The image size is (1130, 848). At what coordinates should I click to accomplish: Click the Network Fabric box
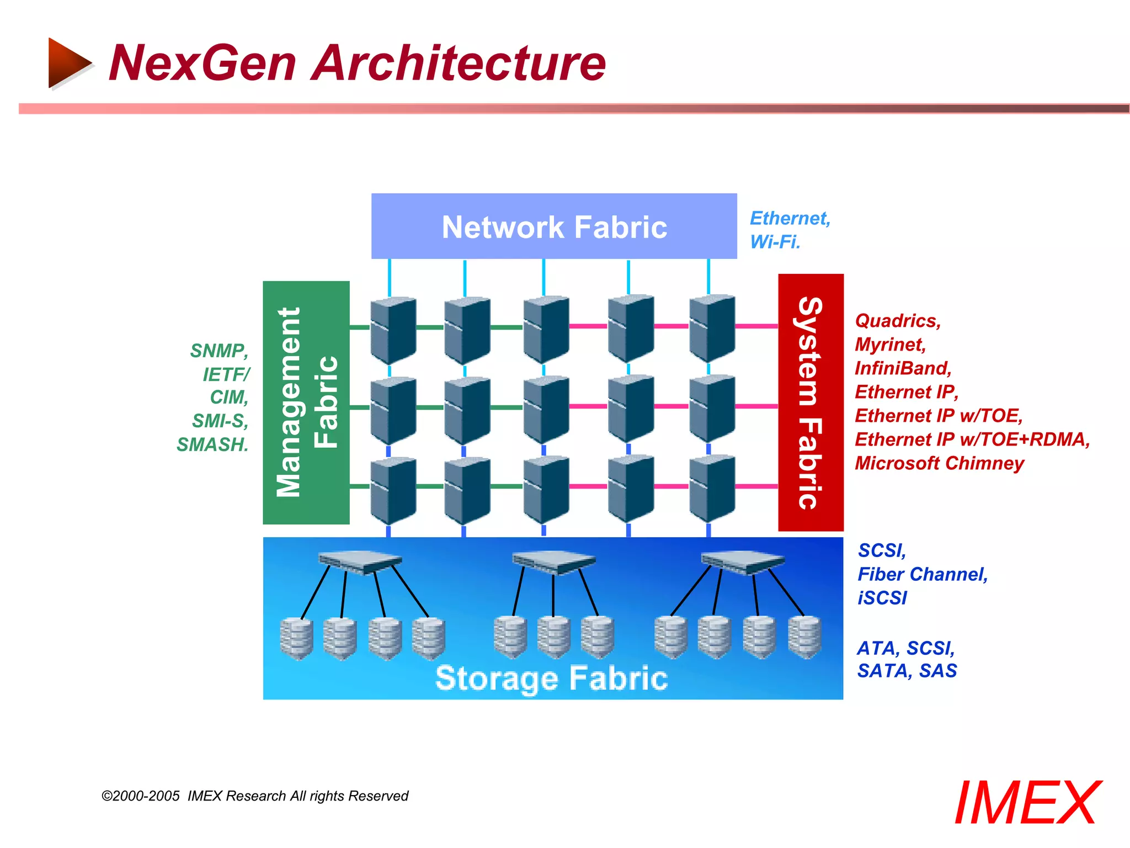click(554, 226)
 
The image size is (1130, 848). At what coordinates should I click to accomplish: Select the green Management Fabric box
click(306, 402)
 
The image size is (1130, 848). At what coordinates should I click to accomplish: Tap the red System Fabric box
click(811, 402)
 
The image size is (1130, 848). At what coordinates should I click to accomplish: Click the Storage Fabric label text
click(551, 678)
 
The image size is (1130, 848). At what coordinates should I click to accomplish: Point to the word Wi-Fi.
click(775, 242)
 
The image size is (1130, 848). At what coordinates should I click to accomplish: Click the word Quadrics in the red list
click(897, 321)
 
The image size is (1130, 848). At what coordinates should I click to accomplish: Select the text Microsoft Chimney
click(939, 463)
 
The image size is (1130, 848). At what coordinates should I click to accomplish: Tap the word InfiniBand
click(903, 368)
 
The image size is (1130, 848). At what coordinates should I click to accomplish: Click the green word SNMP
click(218, 351)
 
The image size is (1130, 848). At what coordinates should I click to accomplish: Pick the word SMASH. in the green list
click(212, 444)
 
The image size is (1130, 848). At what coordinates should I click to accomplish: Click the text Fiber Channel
click(922, 574)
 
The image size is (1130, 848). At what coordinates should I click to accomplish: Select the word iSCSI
click(882, 598)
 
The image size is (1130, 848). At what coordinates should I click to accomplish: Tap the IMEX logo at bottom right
click(1027, 803)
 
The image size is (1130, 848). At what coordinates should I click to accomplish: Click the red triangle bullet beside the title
click(68, 63)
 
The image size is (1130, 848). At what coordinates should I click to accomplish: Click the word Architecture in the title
click(459, 63)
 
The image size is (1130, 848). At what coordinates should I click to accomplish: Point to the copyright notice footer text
click(255, 796)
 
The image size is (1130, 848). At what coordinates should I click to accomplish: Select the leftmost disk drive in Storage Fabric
click(296, 638)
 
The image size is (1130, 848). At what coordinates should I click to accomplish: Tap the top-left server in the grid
click(393, 330)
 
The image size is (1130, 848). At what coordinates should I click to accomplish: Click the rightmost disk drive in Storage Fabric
click(804, 637)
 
